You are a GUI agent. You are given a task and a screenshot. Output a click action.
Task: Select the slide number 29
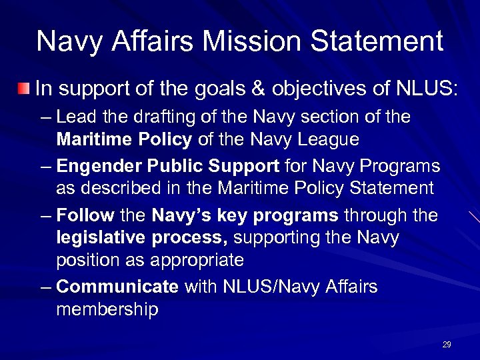(x=447, y=345)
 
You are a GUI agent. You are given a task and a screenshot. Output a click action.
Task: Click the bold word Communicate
(x=118, y=287)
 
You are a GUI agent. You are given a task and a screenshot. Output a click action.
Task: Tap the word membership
(x=107, y=309)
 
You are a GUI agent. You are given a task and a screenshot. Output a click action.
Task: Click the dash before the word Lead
(x=45, y=118)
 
